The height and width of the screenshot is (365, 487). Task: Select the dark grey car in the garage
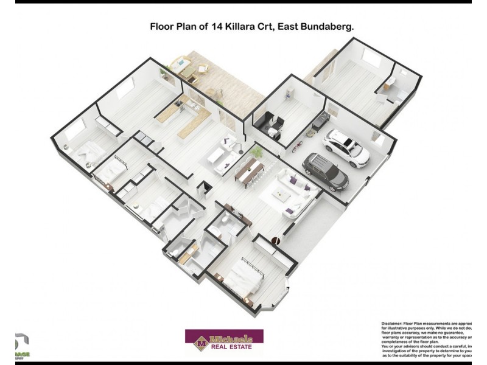325,171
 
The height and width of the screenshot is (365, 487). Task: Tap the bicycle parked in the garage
296,147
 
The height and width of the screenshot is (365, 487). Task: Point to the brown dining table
250,169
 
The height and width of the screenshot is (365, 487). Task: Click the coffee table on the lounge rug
282,195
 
